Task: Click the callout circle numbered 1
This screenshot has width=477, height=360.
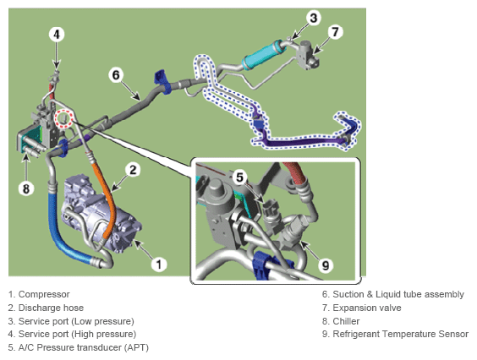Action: (159, 264)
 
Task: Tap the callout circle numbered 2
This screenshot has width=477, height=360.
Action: (133, 170)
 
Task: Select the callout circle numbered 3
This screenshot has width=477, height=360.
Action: (313, 18)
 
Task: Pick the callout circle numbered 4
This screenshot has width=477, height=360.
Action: (57, 35)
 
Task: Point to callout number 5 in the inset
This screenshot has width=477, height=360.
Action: (240, 177)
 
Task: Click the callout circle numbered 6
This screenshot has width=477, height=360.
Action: (116, 75)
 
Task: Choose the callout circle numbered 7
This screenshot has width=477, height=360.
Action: (335, 32)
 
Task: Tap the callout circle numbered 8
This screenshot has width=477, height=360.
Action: (26, 188)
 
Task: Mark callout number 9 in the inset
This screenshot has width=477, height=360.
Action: (326, 265)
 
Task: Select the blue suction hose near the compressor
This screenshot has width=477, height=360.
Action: (61, 231)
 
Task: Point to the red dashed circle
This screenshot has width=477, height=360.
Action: (63, 118)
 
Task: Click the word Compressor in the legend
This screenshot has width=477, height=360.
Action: (44, 294)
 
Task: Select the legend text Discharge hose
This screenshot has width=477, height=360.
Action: (51, 308)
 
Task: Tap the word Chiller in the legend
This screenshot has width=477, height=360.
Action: (346, 321)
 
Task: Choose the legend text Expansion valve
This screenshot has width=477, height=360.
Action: (367, 308)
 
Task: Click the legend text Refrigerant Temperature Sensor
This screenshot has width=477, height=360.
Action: (401, 334)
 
